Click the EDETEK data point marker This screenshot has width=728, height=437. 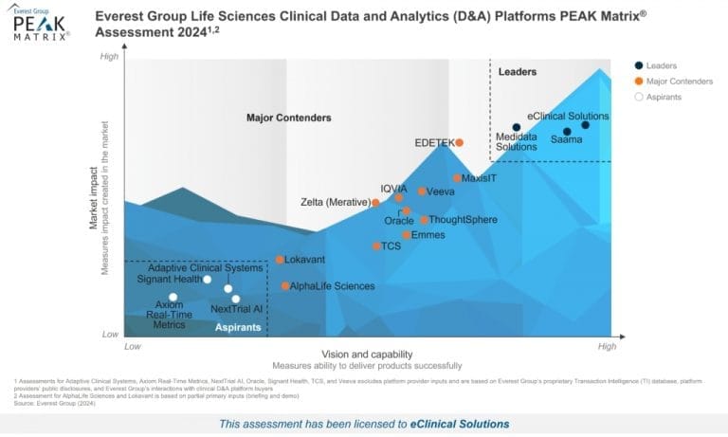point(459,142)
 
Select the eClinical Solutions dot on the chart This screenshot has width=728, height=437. point(585,125)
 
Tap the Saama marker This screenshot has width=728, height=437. point(567,132)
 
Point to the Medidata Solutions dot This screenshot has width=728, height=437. point(517,127)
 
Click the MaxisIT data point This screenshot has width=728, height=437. point(457,177)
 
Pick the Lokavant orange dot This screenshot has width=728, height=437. point(280,259)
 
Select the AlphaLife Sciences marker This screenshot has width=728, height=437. point(285,285)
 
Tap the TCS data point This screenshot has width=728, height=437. point(375,246)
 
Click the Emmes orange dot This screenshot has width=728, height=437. point(406,234)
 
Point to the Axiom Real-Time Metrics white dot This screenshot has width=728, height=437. point(173,297)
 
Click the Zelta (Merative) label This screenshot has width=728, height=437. point(335,203)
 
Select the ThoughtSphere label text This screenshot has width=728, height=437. point(464,220)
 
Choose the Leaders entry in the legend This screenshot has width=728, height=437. point(661,65)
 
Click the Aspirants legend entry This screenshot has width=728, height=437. point(667,97)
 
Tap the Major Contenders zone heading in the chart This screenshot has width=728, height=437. point(288,118)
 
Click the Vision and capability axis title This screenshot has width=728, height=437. point(366,354)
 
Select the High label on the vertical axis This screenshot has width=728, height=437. point(110,58)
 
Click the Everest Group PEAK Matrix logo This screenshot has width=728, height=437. point(40,25)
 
